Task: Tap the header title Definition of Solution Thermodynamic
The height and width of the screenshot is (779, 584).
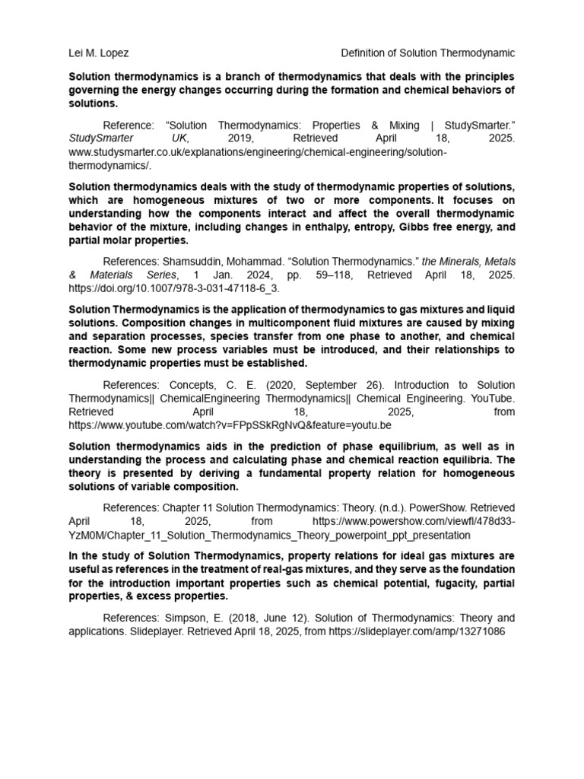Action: pyautogui.click(x=428, y=53)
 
